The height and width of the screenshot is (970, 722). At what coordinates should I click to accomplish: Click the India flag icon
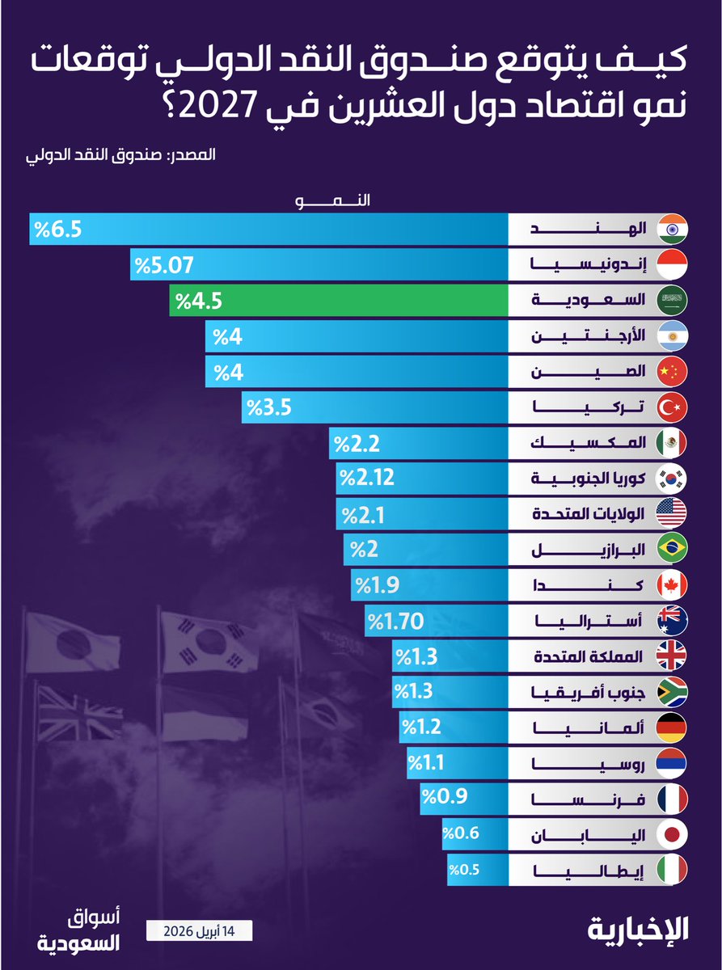click(672, 229)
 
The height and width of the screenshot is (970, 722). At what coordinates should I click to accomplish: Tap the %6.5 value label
click(57, 229)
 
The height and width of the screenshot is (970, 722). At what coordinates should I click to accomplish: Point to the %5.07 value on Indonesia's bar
click(164, 264)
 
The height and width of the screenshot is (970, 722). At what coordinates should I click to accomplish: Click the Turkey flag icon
click(672, 407)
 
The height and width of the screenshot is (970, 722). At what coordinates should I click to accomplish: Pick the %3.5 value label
click(268, 407)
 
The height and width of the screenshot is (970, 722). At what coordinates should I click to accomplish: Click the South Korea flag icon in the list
click(672, 478)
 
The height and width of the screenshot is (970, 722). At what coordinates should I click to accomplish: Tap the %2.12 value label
click(367, 478)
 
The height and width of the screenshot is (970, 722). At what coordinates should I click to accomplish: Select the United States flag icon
click(672, 513)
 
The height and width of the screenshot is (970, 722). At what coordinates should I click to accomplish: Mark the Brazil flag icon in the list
click(672, 549)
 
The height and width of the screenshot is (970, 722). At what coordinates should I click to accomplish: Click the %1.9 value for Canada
click(376, 584)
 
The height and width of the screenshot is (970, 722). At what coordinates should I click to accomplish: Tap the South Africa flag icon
click(672, 691)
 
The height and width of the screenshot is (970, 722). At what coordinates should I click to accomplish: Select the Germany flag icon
click(672, 727)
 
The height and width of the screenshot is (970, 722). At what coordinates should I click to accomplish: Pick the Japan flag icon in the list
click(672, 833)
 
